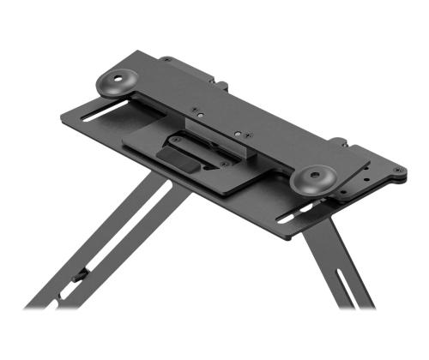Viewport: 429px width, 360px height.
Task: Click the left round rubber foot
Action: pos(118,82)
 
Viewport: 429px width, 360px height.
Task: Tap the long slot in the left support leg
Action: pos(112,249)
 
